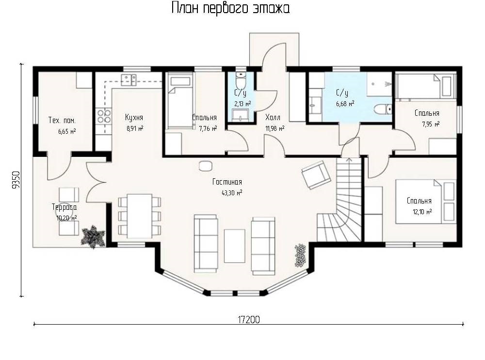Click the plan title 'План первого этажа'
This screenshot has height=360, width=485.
click(x=230, y=8)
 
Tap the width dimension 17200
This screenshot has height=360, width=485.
click(x=249, y=319)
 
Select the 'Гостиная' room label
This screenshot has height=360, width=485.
click(x=227, y=182)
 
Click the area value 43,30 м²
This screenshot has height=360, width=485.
click(x=232, y=193)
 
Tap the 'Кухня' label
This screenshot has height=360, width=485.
click(x=134, y=117)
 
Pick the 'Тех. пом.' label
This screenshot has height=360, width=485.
click(x=62, y=120)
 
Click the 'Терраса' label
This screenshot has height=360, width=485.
click(x=65, y=207)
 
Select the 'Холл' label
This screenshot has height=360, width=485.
click(x=273, y=117)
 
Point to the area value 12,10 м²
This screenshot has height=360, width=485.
click(x=422, y=212)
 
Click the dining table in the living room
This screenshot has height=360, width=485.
click(x=140, y=216)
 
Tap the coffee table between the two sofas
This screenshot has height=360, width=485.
click(x=234, y=246)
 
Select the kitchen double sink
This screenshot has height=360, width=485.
click(x=129, y=79)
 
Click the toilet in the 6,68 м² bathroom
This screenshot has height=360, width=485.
click(x=382, y=110)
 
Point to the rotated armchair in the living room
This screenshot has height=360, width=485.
click(x=316, y=174)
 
